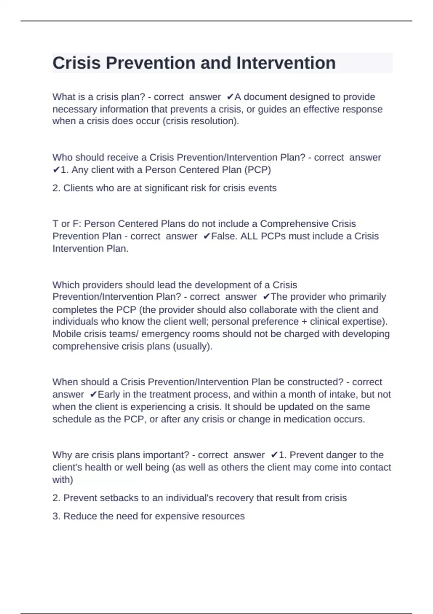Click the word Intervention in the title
(286, 63)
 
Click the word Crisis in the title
(76, 63)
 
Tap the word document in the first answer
(265, 97)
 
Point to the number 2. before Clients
(56, 188)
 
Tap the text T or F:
(67, 224)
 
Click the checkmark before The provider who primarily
(266, 297)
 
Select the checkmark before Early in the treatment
(93, 394)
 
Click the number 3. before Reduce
(56, 516)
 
